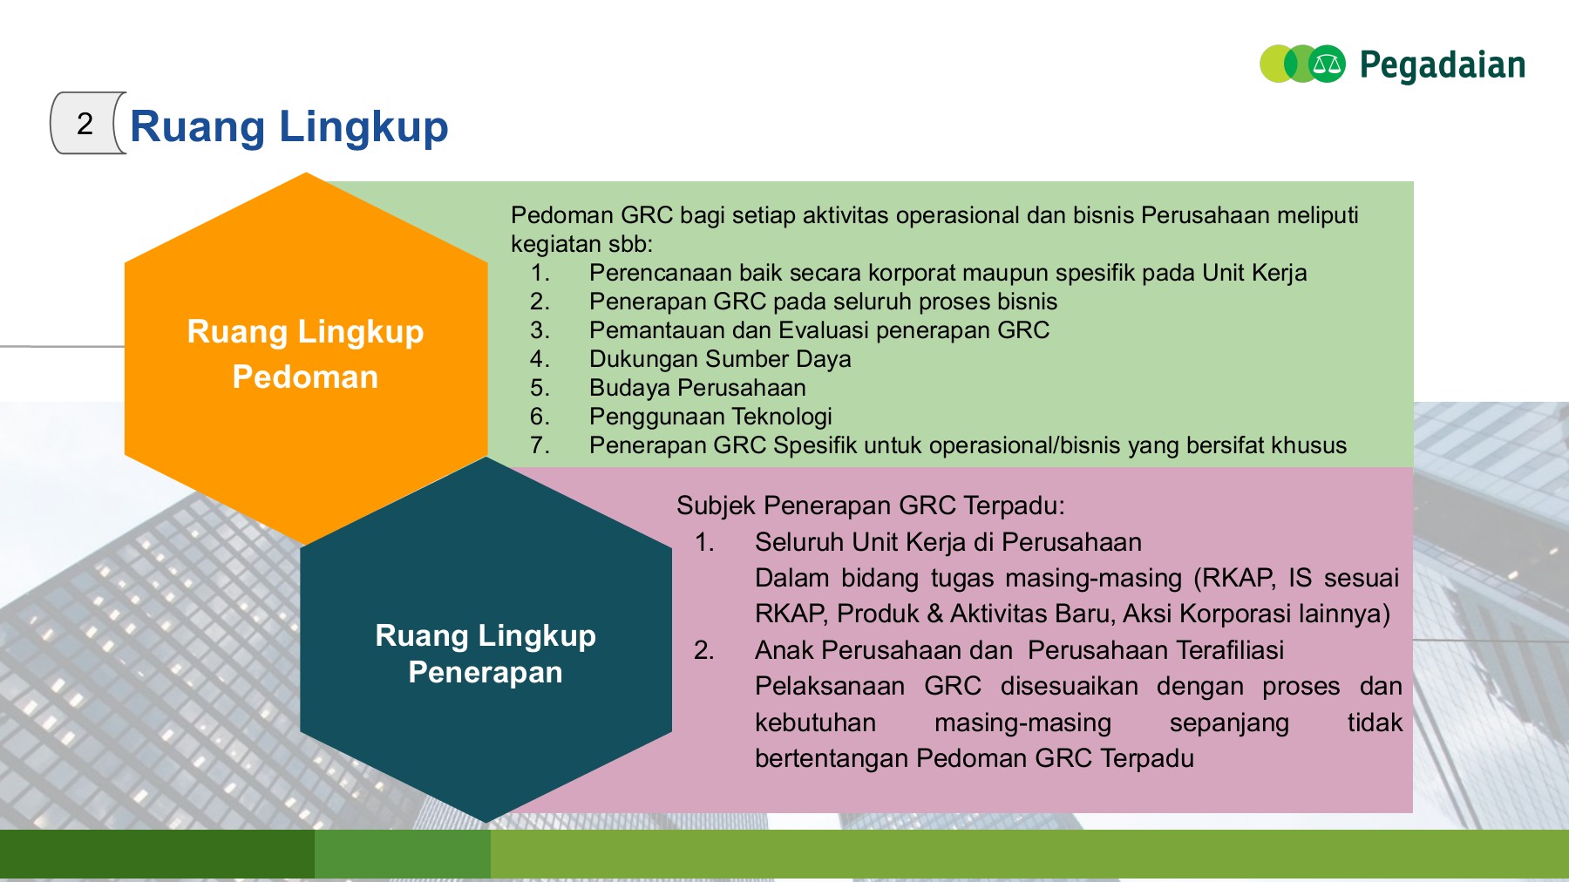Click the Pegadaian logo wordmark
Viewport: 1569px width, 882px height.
[1442, 65]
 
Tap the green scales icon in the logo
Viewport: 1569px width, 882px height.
[1327, 64]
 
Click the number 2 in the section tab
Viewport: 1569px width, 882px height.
[85, 124]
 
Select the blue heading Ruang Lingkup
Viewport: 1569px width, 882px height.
[289, 126]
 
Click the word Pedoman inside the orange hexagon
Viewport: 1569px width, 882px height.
[305, 377]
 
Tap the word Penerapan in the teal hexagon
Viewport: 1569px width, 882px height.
[486, 673]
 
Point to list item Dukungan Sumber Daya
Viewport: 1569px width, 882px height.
[719, 359]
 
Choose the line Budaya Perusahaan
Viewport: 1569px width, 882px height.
[696, 388]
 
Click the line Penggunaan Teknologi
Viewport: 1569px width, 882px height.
[710, 417]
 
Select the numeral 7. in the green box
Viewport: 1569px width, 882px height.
[540, 445]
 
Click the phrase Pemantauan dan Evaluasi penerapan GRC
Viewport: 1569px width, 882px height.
[818, 330]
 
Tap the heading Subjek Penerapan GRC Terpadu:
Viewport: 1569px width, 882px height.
[870, 505]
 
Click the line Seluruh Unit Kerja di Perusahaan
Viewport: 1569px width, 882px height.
[948, 542]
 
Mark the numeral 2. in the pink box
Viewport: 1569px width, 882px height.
[703, 650]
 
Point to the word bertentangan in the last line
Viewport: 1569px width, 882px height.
[832, 758]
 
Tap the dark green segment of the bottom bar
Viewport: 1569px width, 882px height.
[157, 854]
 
